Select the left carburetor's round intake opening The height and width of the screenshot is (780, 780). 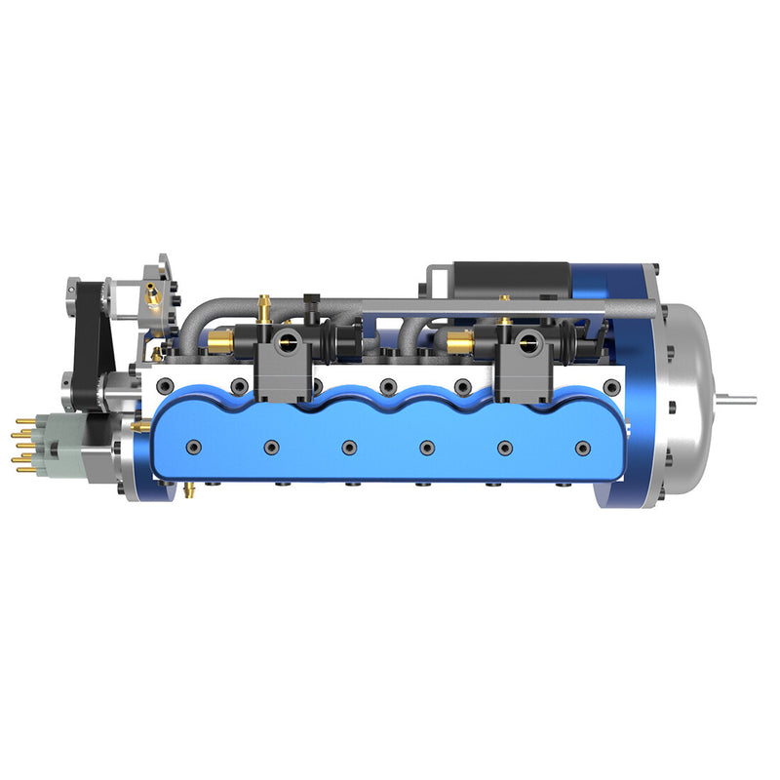pos(289,340)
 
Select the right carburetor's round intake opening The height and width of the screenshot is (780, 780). pos(530,340)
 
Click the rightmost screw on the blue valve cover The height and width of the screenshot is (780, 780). pos(583,448)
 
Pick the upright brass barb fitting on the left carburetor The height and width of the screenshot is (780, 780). pos(263,308)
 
